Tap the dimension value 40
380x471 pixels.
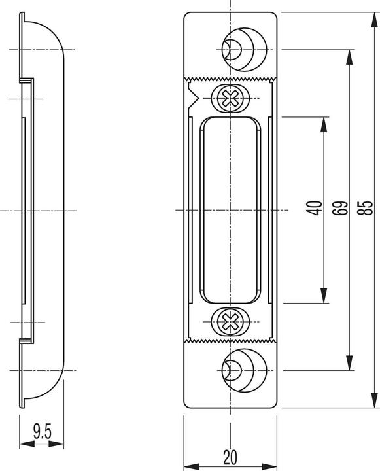coord(315,209)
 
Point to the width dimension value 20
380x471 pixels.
coord(230,456)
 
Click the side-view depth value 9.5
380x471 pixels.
coord(41,432)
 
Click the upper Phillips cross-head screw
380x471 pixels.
coord(230,100)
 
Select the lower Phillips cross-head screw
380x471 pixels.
coord(230,321)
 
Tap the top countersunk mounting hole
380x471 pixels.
coord(235,47)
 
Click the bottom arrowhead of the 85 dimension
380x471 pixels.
coord(375,400)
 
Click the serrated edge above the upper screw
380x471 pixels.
coord(230,78)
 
